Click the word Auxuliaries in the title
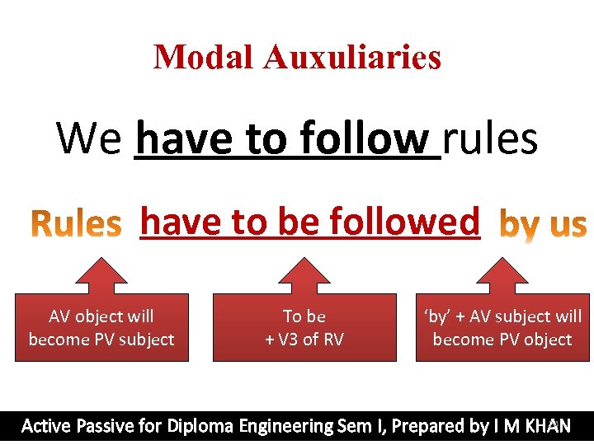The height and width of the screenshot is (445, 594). pos(352,57)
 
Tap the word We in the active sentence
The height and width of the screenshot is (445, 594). pos(89,138)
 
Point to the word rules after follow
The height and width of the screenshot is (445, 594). pos(491,138)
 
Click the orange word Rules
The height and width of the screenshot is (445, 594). pos(76,224)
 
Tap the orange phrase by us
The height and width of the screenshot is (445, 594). pos(544,224)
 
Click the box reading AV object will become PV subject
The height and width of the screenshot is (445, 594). pos(101,328)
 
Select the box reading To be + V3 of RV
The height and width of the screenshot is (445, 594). pos(304,328)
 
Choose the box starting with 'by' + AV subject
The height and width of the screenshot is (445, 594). pos(502,328)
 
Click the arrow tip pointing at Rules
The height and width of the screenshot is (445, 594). pos(101,262)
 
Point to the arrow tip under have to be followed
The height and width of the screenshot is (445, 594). pos(304,262)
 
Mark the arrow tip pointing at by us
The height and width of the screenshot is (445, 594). pos(502,262)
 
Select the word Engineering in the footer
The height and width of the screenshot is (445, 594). pos(285,426)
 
